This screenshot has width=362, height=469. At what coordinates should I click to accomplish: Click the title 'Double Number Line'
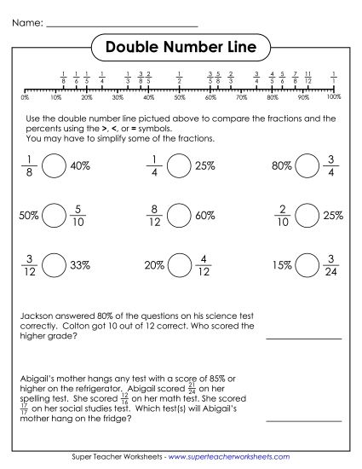pyautogui.click(x=181, y=47)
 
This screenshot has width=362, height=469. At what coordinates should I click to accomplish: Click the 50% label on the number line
pyautogui.click(x=180, y=98)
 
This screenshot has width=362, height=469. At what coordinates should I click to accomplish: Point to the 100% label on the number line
pyautogui.click(x=334, y=98)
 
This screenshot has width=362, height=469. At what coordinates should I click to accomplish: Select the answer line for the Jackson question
pyautogui.click(x=304, y=338)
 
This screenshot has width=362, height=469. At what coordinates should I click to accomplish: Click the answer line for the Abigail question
pyautogui.click(x=304, y=420)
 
